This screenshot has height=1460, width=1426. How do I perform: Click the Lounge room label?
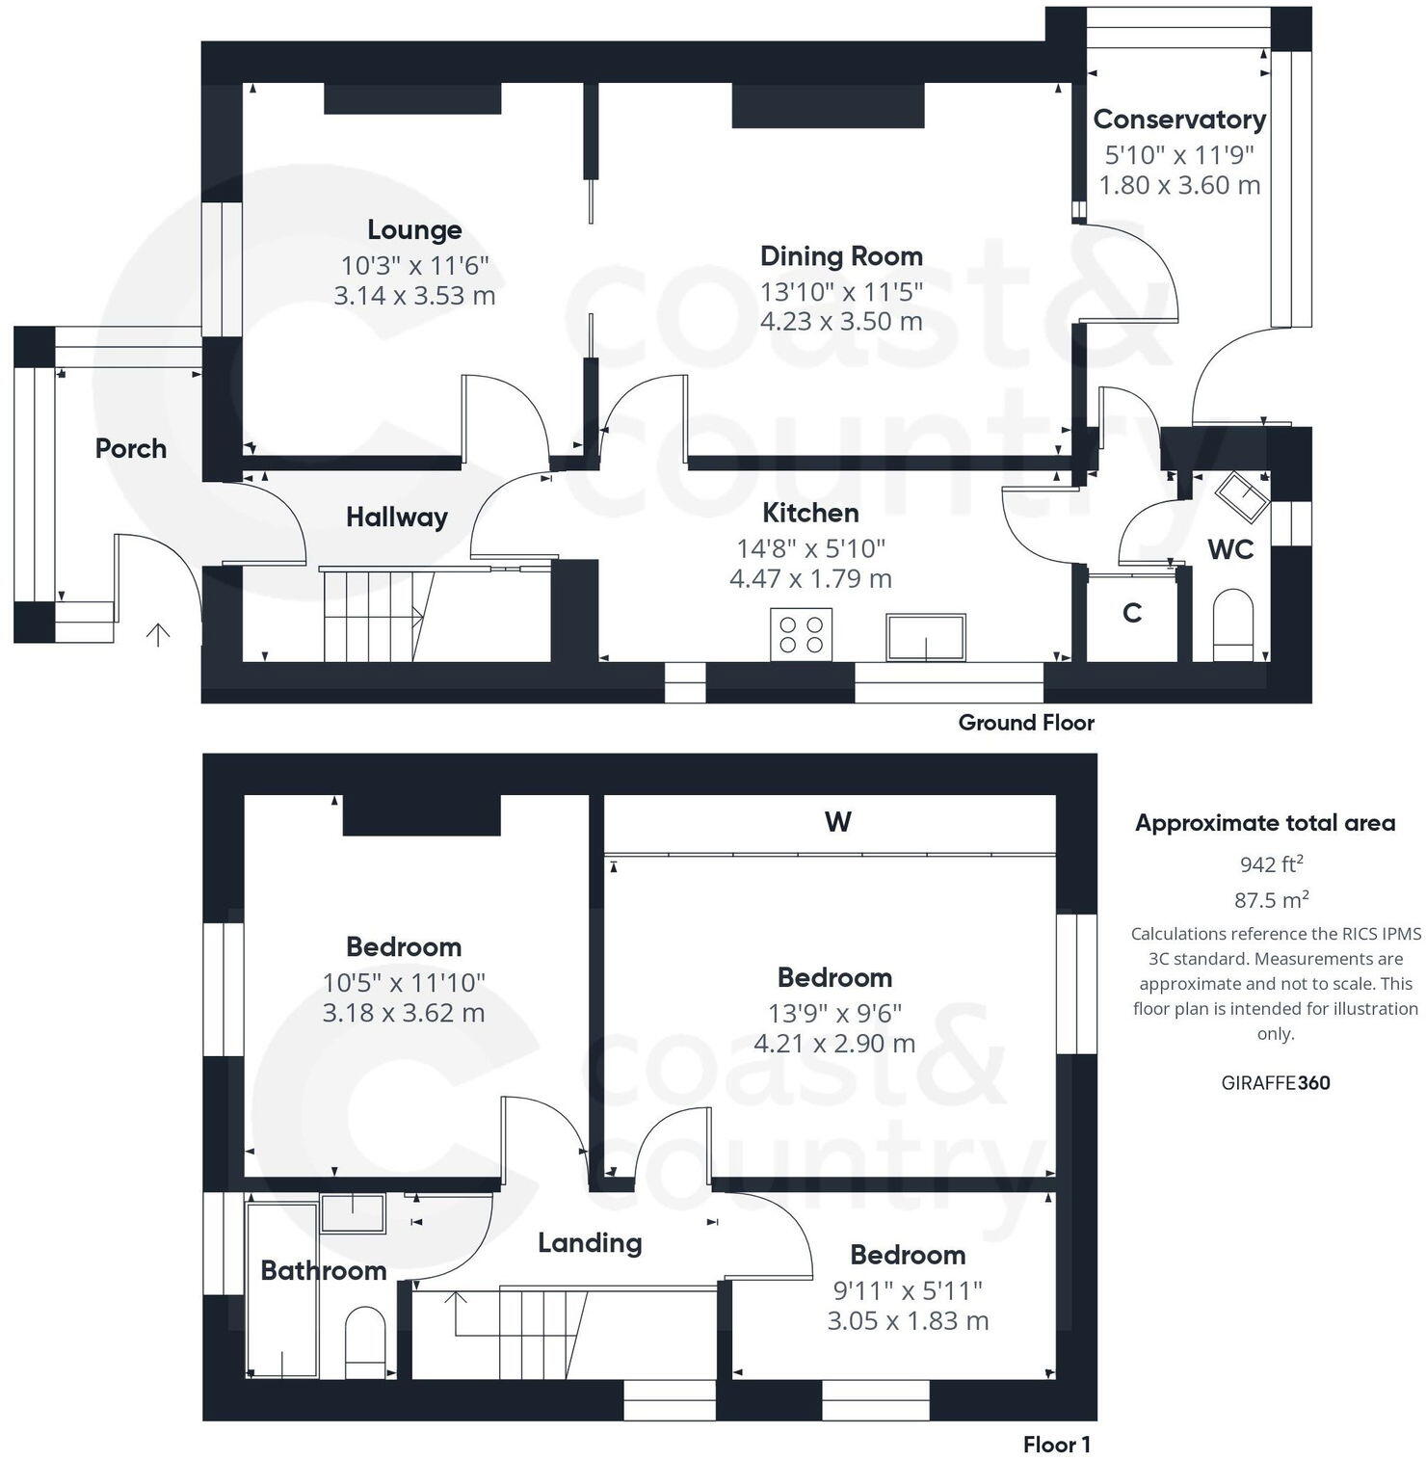414,230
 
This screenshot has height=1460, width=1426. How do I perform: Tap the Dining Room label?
841,256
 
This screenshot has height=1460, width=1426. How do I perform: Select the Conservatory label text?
1179,119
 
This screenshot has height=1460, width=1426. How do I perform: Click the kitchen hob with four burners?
802,634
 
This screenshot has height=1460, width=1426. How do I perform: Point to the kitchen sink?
925,637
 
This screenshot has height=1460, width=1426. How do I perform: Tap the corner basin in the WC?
1240,495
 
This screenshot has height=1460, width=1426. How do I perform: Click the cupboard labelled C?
1132,613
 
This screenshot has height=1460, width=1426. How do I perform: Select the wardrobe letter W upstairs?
838,822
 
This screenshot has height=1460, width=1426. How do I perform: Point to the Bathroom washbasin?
353,1213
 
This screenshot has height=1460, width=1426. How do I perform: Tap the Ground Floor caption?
1026,723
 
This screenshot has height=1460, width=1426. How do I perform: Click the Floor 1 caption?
1057,1445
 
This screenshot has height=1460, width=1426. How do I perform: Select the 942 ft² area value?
1272,863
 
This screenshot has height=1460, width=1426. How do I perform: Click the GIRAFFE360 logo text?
1276,1082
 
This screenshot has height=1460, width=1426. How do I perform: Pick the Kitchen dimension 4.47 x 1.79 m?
810,579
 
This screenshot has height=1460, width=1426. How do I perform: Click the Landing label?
590,1243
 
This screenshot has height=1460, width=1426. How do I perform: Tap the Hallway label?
397,518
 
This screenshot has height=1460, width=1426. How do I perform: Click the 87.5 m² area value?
1272,900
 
